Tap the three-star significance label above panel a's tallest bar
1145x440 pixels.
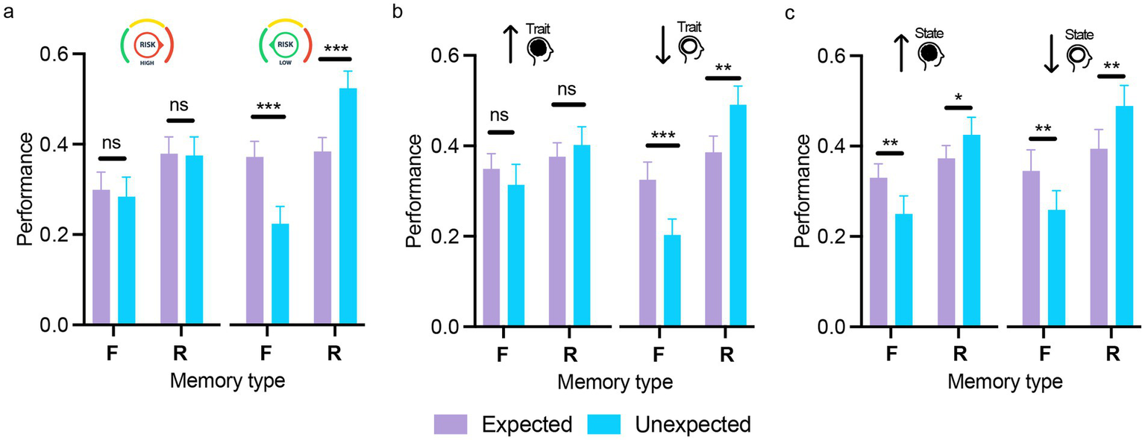click(336, 48)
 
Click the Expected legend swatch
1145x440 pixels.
click(451, 424)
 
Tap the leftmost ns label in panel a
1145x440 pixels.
click(112, 143)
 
